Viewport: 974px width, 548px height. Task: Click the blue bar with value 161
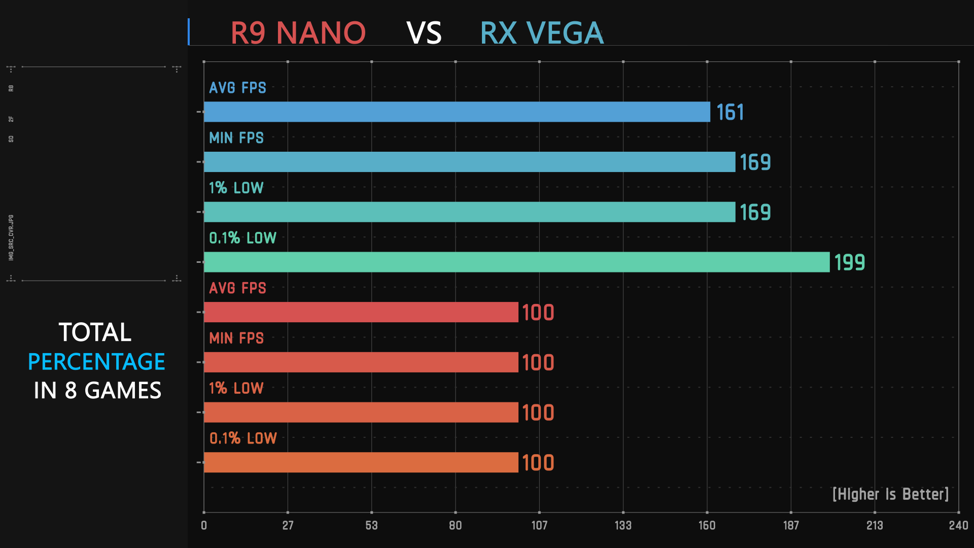pos(457,112)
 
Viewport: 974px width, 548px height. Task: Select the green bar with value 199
pos(516,262)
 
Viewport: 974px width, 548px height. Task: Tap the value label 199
pos(849,262)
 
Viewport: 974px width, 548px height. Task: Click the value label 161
pos(730,112)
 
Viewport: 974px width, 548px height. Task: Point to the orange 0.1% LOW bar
pos(361,462)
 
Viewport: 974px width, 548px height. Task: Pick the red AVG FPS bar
pos(361,312)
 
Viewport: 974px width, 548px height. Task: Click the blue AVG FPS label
pos(237,88)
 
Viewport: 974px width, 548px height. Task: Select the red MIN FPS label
pos(236,338)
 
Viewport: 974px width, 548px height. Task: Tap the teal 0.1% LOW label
pos(242,238)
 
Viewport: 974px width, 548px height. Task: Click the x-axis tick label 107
pos(539,525)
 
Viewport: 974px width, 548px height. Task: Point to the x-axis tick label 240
pos(958,525)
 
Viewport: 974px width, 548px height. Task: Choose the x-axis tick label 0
pos(204,525)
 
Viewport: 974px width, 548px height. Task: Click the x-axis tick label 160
pos(707,525)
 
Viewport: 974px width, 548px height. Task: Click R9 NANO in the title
pos(298,33)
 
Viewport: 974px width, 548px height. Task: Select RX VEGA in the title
pos(542,33)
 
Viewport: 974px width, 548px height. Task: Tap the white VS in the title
pos(424,33)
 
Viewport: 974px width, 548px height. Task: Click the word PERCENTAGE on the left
pos(96,362)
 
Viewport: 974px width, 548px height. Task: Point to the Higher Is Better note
pos(890,494)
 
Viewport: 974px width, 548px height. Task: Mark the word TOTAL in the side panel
pos(95,332)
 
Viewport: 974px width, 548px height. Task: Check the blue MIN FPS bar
pos(469,162)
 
